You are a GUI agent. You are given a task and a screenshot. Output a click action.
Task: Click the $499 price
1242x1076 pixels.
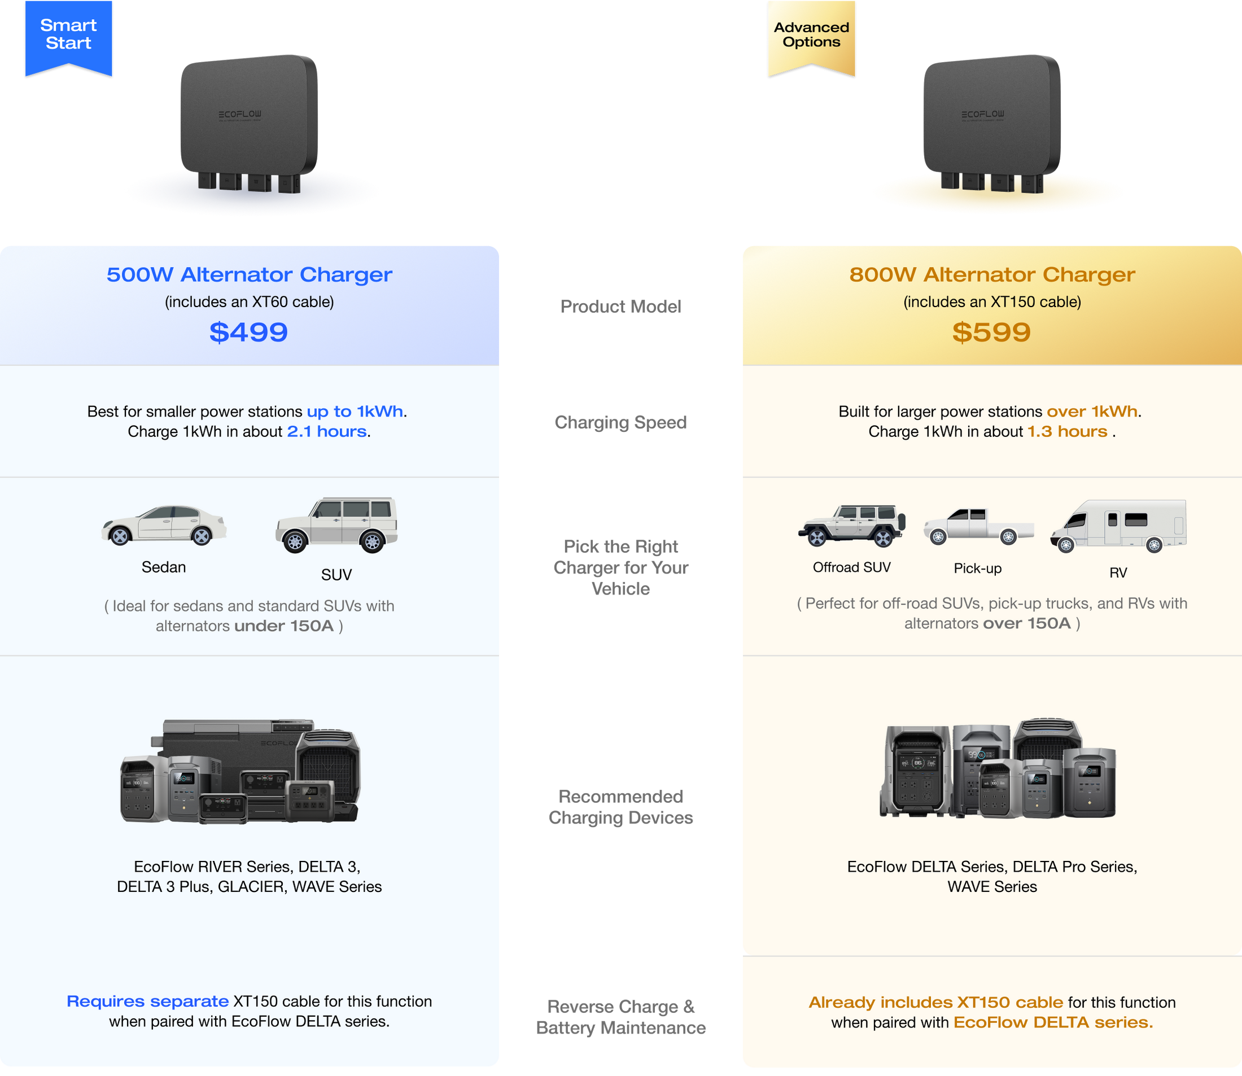248,332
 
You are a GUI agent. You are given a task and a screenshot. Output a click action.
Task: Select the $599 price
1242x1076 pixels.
991,332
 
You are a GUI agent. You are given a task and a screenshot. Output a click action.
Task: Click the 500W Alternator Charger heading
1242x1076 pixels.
249,274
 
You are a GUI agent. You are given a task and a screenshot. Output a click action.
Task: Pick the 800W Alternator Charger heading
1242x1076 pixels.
992,274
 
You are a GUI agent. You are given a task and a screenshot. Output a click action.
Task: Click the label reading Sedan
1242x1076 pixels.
163,567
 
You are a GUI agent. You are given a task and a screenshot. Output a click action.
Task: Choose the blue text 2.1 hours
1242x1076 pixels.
327,432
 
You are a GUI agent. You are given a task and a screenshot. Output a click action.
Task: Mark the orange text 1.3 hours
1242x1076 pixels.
1067,432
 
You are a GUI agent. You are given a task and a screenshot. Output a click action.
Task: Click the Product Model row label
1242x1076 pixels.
621,306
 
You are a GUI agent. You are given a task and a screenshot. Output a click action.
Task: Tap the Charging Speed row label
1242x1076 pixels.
620,423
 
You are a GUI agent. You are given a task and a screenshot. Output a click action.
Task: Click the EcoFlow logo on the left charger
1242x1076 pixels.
239,114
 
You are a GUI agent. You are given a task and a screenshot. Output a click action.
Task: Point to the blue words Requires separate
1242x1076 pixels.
148,1001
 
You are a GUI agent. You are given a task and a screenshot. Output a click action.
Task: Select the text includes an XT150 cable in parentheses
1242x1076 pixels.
992,302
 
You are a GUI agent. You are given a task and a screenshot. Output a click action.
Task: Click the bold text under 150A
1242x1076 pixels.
283,626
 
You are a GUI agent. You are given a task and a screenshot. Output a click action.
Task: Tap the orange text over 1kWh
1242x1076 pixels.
1092,412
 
